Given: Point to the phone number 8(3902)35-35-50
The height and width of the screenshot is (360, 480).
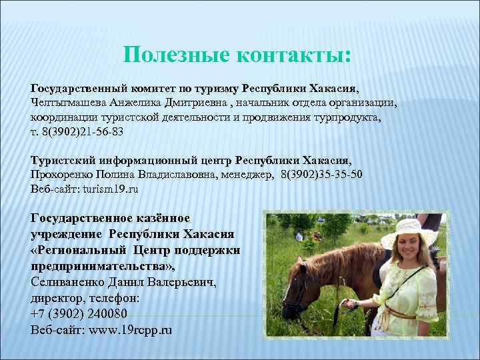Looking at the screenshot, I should point(321,175).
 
